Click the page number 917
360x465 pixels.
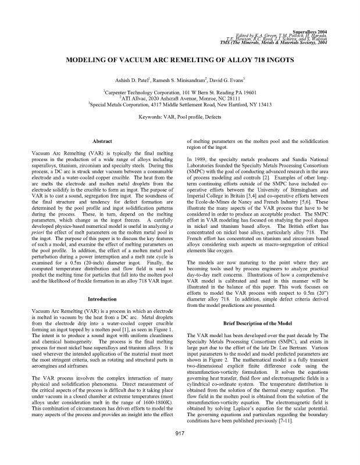pyautogui.click(x=180, y=450)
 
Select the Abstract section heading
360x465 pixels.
pyautogui.click(x=103, y=141)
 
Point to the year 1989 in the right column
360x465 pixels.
pyautogui.click(x=201, y=159)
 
